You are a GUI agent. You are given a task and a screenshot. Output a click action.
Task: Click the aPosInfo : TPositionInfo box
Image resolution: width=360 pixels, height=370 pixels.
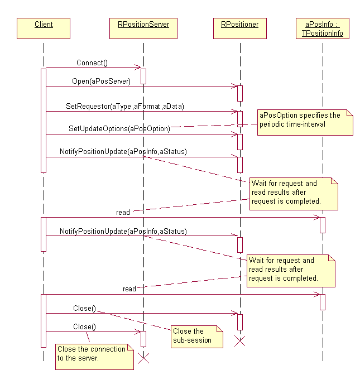coord(322,29)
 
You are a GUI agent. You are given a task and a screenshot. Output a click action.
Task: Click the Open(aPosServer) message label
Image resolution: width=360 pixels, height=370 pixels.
coord(101,81)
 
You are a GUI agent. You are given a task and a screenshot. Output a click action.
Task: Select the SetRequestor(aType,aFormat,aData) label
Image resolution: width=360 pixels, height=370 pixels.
coord(124,106)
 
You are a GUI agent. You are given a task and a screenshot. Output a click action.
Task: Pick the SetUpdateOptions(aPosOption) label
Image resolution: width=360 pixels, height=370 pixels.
coord(119,128)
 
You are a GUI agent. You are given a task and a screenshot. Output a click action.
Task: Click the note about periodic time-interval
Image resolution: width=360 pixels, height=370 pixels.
coord(306,122)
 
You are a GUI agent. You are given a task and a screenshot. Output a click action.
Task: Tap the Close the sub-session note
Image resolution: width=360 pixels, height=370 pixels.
coord(195,335)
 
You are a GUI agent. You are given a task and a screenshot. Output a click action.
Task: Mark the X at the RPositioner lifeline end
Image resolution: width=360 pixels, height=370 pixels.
coord(240,341)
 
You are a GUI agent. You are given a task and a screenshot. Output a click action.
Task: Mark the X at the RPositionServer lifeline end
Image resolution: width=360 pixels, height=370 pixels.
coord(143,357)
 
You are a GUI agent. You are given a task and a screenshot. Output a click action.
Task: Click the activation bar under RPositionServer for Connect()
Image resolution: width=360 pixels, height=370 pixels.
coord(143,76)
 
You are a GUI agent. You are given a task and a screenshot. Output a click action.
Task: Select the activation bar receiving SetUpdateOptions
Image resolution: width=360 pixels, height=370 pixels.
coord(240,141)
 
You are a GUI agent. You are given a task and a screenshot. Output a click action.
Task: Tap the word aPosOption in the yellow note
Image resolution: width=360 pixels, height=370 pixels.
coord(275,116)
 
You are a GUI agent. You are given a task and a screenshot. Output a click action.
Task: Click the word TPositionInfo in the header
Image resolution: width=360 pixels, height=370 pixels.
coord(322,34)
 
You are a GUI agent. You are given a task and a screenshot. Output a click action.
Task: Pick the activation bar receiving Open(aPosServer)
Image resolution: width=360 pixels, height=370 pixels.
coord(240,93)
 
